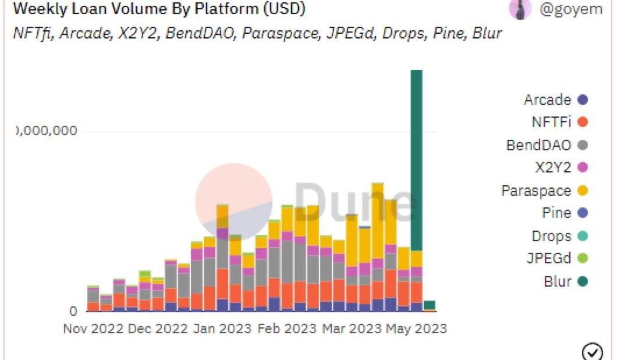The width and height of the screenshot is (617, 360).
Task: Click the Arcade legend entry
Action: coord(555,100)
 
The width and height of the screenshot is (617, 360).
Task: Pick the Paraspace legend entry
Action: coord(544,190)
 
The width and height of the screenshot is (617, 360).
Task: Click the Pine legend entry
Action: coord(564,213)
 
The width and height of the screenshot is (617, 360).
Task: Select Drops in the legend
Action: coord(559,236)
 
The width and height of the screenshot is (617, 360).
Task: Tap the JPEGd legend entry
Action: coord(556,259)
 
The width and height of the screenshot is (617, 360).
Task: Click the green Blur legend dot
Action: coord(583,281)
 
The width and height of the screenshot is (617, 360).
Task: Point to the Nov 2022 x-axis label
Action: coord(93,329)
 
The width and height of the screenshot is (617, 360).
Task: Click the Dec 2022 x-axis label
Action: coord(157,329)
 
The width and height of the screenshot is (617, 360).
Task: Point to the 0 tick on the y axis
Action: coord(73,311)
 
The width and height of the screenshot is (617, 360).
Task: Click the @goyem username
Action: coord(571,10)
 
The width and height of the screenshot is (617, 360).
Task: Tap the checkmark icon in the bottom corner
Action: coord(592,352)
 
